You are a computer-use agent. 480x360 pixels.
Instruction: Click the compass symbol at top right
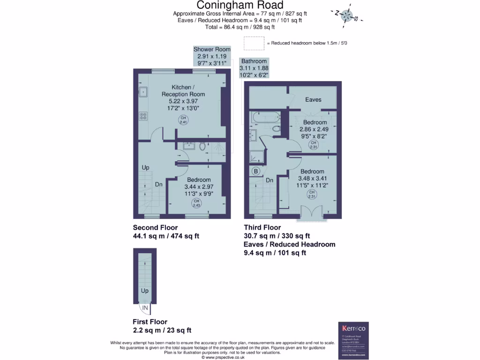coord(346,15)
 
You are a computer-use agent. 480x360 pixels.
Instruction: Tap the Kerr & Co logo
coord(355,328)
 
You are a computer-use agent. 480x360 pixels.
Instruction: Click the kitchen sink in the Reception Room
coord(143,91)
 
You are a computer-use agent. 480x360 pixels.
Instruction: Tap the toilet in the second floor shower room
coord(202,146)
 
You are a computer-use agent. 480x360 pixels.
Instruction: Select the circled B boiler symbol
coord(256,171)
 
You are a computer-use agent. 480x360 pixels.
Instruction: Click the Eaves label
coord(313,99)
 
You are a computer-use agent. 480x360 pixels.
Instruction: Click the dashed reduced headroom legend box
coord(254,43)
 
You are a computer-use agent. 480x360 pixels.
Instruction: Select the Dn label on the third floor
coord(270,180)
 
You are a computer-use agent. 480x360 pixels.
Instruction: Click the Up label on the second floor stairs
coord(146,167)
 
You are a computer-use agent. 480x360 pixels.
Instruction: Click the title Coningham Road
coord(240,5)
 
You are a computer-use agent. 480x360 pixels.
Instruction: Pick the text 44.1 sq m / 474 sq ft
coord(166,236)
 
